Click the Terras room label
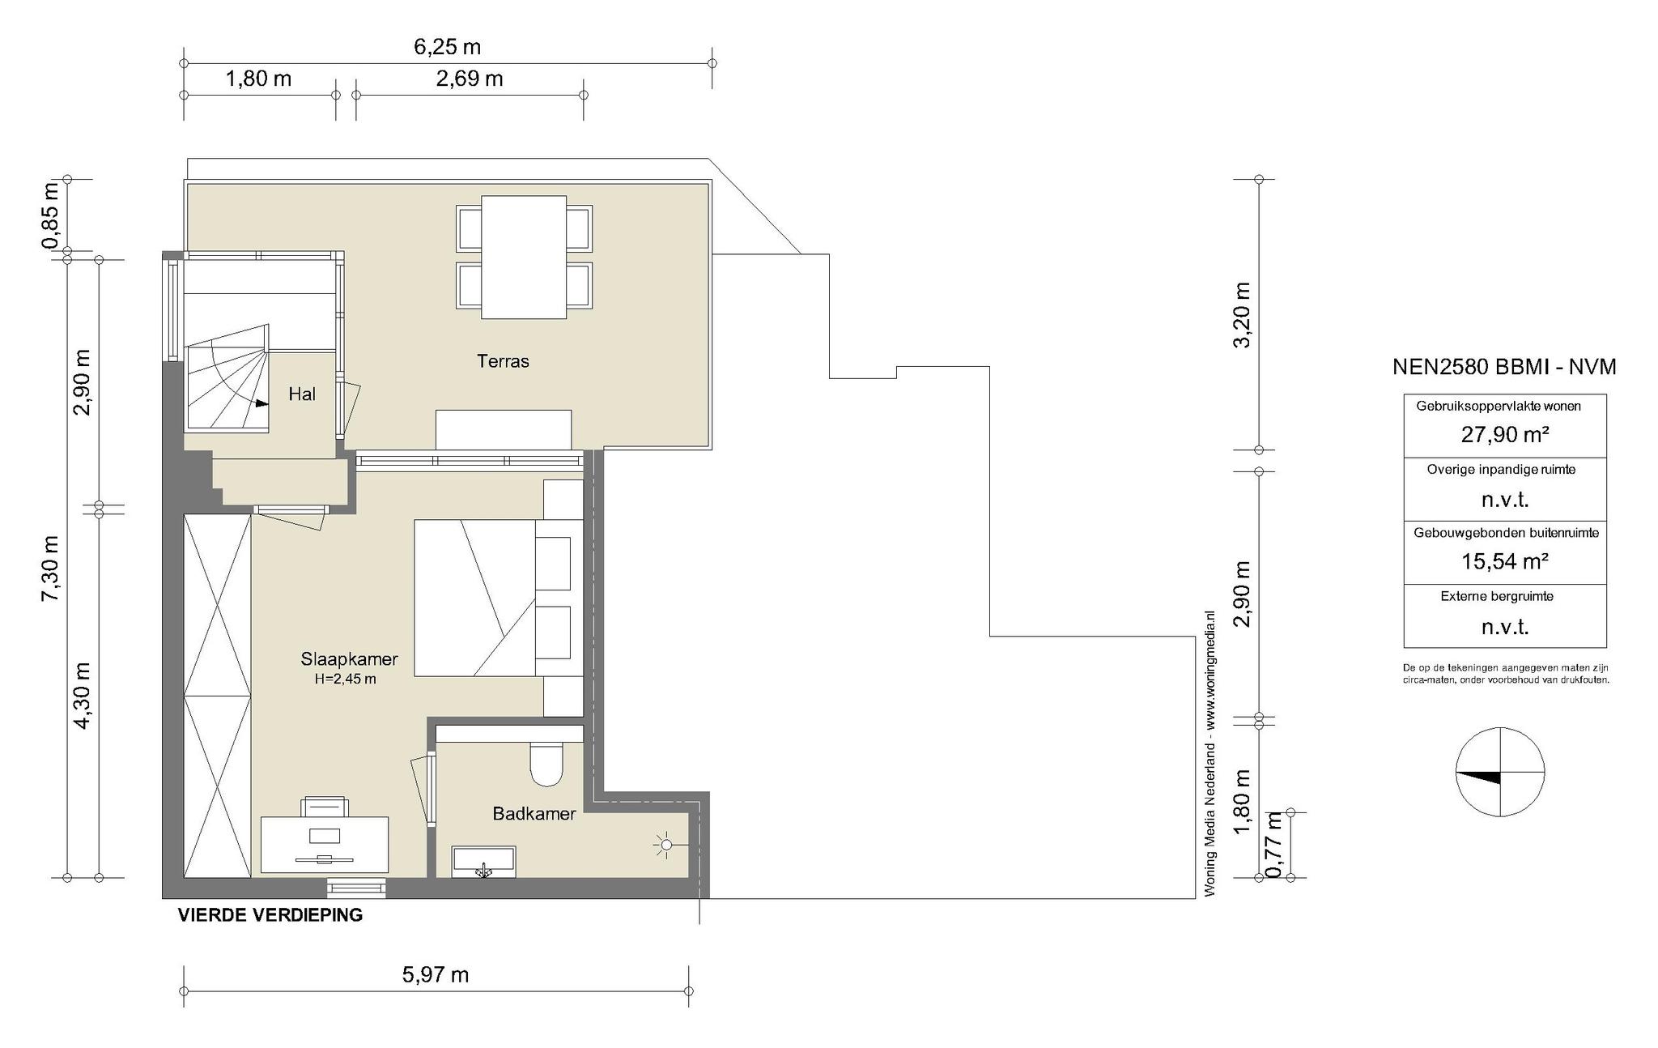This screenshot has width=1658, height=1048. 503,361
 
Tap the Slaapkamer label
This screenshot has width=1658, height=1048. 349,659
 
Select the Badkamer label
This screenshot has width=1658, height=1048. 534,814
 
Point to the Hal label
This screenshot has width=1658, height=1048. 302,394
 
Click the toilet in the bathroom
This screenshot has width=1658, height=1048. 546,765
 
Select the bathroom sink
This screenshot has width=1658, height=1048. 484,862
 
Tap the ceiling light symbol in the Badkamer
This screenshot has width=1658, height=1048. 665,846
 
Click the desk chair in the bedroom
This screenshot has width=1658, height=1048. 325,807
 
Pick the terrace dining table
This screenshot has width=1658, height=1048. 524,257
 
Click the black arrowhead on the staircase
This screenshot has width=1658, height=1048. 261,403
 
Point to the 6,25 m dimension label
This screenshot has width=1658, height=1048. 448,47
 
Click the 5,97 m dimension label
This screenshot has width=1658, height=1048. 436,974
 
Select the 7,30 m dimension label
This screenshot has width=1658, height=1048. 50,568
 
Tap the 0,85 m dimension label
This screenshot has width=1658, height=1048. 50,215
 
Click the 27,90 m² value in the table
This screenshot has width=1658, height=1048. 1505,435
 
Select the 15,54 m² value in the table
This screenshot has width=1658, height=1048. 1505,561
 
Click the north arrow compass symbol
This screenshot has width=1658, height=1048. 1500,773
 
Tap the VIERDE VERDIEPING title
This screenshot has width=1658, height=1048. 270,916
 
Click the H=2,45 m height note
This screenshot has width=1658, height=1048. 346,679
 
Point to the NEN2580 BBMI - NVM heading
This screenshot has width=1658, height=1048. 1504,367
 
